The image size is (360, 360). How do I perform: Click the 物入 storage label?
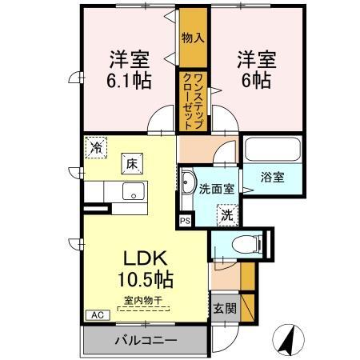coord(193,38)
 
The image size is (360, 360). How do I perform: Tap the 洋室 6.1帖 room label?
coord(130,70)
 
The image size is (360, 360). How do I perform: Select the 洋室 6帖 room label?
coord(257,70)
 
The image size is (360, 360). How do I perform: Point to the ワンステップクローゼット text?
coord(193,102)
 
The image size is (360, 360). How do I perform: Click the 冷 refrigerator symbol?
coord(96,147)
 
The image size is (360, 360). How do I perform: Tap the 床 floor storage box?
coord(132,164)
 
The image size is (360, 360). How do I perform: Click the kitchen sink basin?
coord(134,191)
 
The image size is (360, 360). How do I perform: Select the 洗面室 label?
coord(217,189)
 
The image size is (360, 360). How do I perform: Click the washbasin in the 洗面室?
coord(188,182)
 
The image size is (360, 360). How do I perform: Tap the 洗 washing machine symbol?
coord(227,215)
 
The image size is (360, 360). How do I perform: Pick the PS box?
coord(186,221)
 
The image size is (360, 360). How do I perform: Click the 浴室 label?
coord(273,178)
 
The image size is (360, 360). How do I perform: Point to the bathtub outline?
coord(273,149)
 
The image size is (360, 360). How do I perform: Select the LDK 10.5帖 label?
coord(146,269)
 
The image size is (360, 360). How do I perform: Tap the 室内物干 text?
coord(143,301)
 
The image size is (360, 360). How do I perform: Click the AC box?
coord(98,315)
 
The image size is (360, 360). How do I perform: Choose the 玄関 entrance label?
coord(225,309)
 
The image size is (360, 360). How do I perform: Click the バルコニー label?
coord(146,340)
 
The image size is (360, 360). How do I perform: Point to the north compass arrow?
coord(288,340)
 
